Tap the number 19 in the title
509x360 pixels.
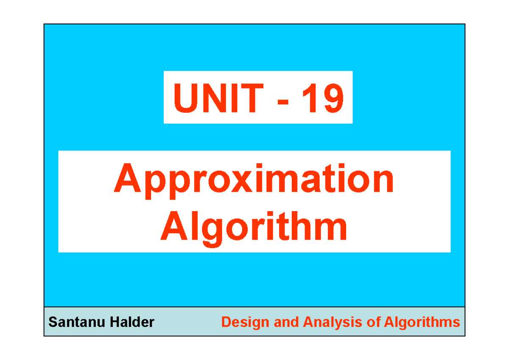pos(322,98)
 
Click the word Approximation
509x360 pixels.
pos(254,180)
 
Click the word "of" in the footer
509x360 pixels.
pos(373,322)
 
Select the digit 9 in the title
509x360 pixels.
pos(332,98)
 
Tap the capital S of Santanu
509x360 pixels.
pos(52,322)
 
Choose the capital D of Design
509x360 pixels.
pos(225,322)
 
